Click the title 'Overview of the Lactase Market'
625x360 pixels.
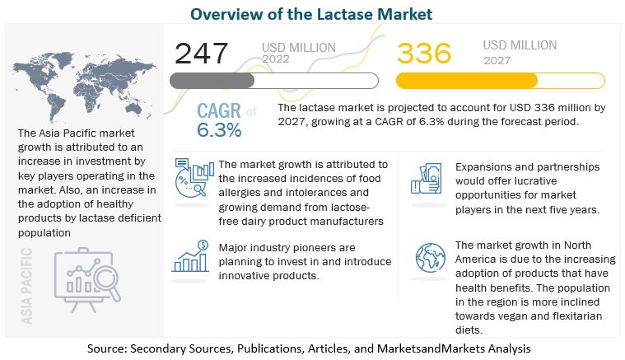(312, 13)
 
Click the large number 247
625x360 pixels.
(202, 54)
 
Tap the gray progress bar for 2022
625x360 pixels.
(273, 81)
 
